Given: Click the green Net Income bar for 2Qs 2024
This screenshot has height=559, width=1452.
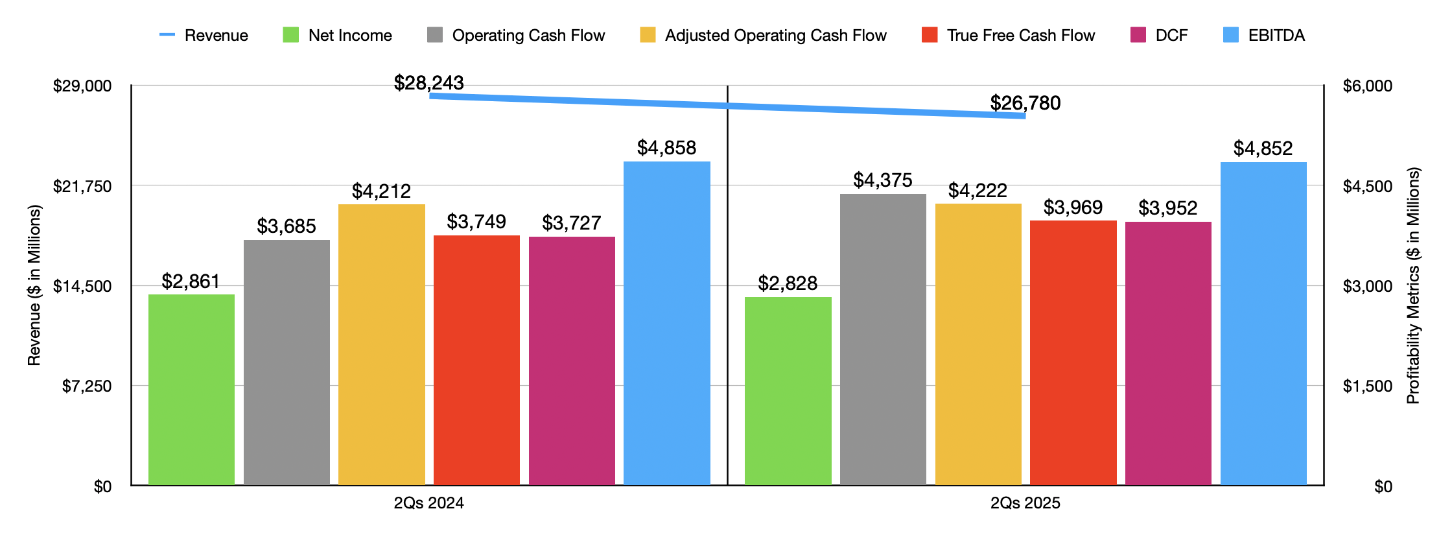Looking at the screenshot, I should [191, 389].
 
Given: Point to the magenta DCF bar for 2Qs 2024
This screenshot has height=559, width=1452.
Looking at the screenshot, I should [572, 361].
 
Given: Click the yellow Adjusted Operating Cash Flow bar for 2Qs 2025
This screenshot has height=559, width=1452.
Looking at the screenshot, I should [978, 344].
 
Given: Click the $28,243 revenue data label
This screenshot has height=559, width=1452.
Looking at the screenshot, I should [428, 83].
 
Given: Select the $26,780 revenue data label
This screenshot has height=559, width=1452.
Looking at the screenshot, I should [1025, 103].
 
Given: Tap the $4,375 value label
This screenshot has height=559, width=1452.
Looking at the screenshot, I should [882, 180].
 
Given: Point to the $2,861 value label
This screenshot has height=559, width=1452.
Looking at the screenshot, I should [191, 281].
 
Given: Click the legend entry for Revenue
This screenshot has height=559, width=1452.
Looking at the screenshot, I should [204, 35].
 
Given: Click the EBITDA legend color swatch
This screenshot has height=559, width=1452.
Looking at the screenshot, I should [1230, 35].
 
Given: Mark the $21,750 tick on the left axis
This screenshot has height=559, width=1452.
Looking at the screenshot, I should [82, 187].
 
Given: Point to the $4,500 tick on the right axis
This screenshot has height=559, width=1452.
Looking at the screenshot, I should [1367, 187].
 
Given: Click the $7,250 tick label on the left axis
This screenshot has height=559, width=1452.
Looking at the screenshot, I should [87, 387].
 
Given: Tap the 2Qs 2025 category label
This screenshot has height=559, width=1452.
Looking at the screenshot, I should [1025, 503].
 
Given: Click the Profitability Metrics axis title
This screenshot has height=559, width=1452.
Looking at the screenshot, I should [1413, 285].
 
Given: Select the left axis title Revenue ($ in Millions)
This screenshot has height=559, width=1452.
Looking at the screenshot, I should [34, 285].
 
